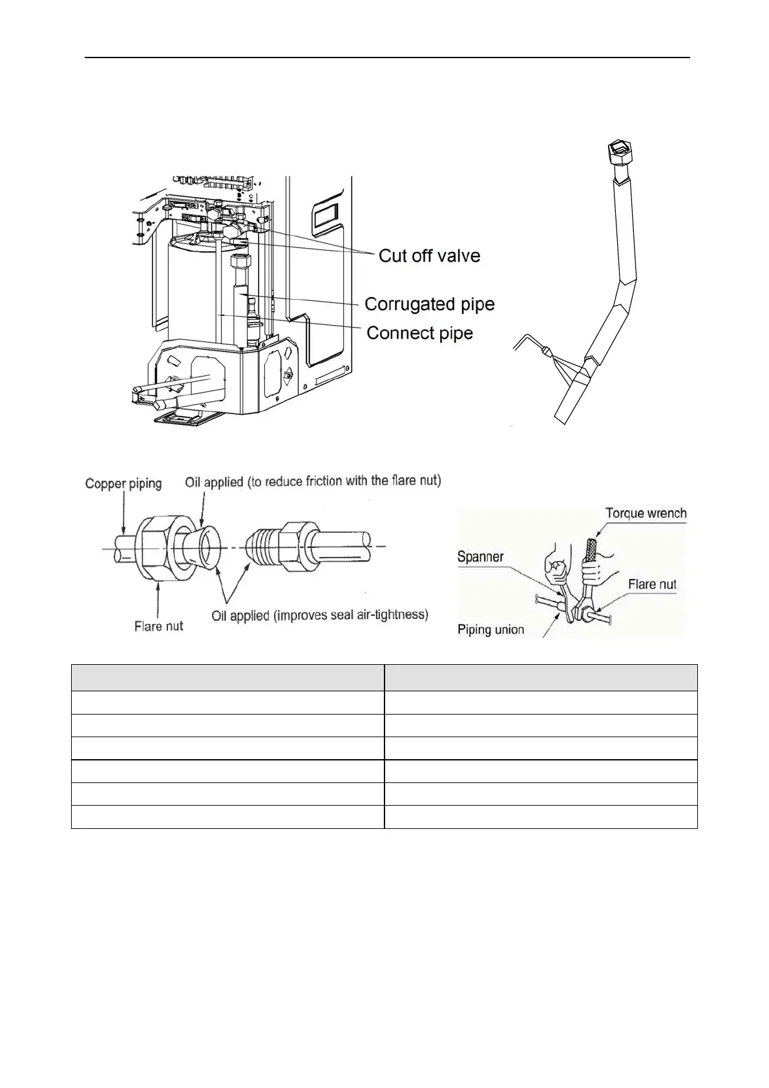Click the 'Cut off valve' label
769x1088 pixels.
click(429, 256)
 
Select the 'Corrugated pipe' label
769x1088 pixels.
click(429, 304)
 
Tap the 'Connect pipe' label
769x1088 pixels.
click(419, 333)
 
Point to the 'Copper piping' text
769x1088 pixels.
click(123, 483)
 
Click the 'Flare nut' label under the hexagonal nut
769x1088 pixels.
click(158, 625)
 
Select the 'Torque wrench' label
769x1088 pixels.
click(646, 514)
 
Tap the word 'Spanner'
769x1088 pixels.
click(480, 556)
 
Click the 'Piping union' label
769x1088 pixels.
click(490, 629)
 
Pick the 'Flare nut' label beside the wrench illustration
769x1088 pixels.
click(652, 584)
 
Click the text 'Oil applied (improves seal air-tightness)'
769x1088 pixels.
click(320, 615)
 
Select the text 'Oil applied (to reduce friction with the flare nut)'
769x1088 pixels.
click(313, 481)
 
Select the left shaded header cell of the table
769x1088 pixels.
click(227, 678)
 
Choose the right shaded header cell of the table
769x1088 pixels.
click(541, 678)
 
